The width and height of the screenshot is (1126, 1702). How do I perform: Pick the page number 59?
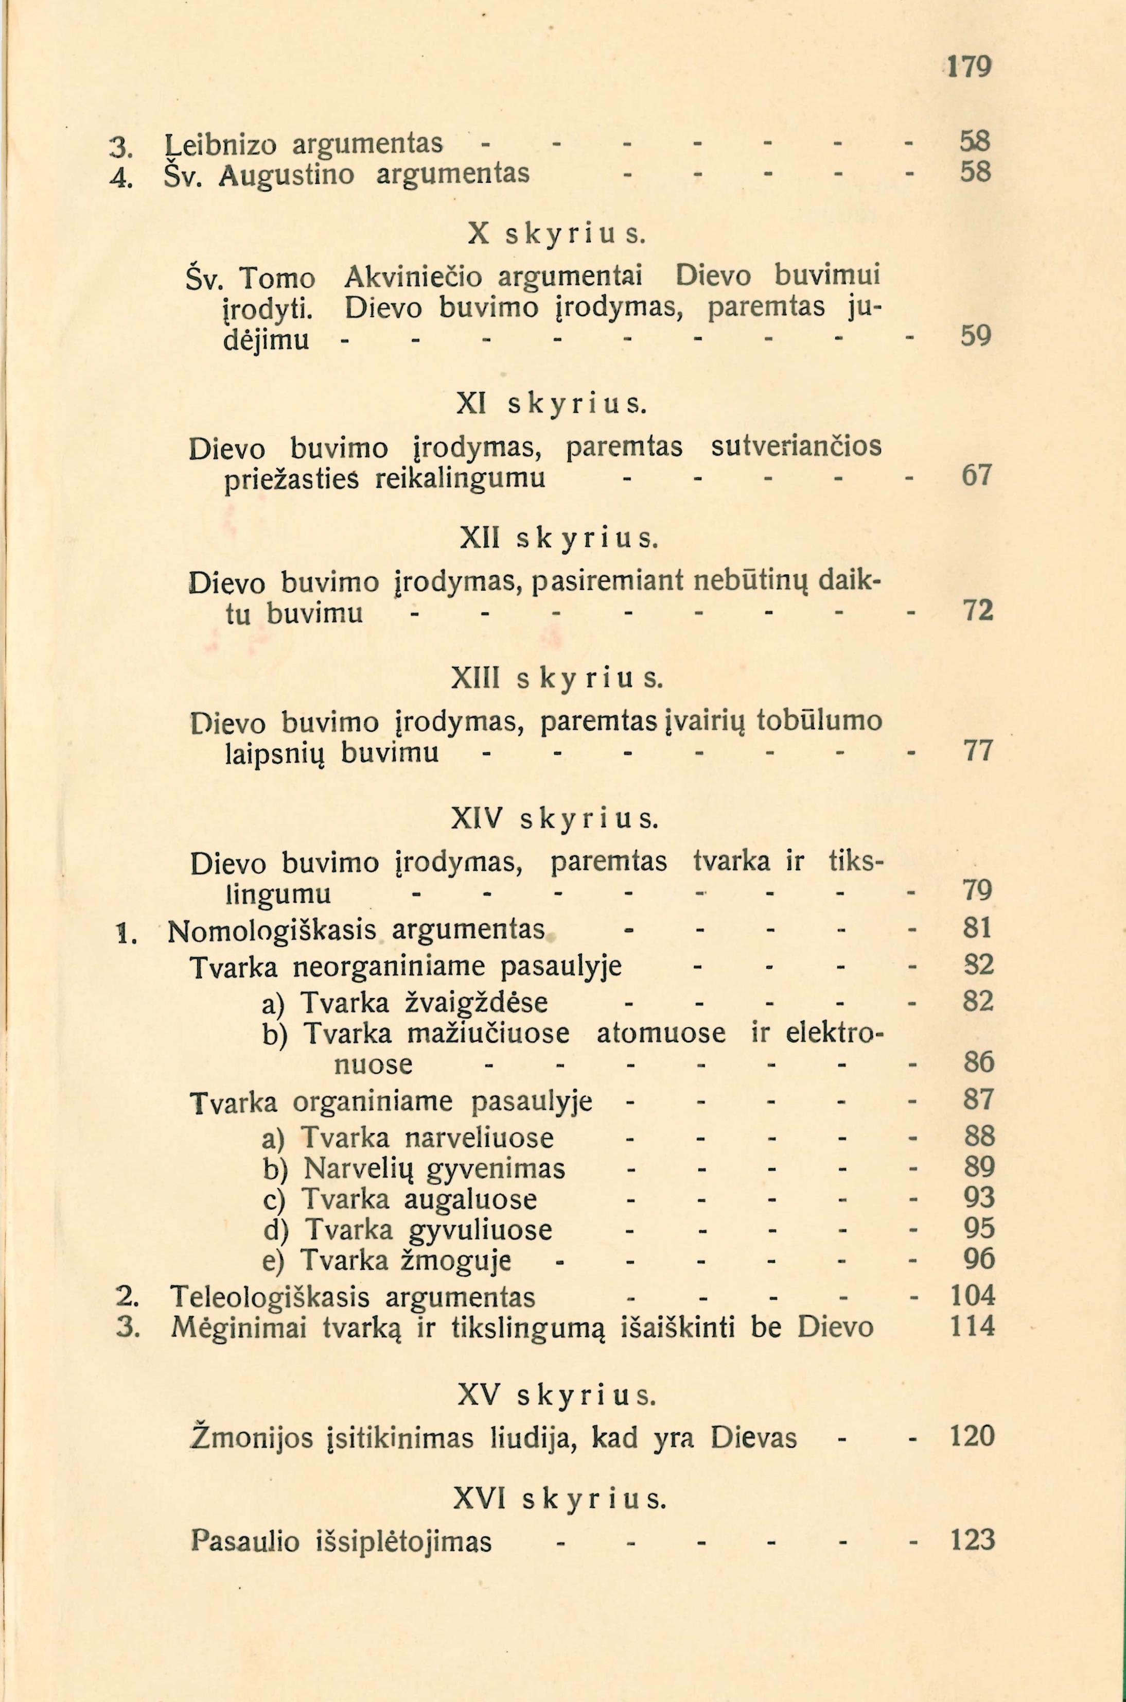click(x=976, y=336)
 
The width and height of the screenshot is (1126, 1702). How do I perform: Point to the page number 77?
click(x=977, y=751)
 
